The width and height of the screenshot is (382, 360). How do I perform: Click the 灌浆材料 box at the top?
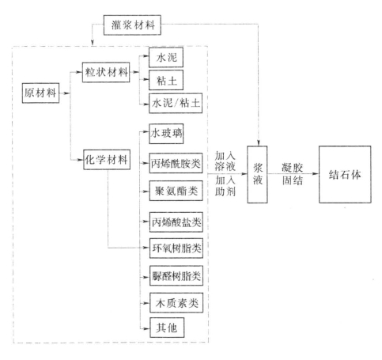(x=132, y=25)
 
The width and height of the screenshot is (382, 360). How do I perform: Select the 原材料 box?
(x=40, y=93)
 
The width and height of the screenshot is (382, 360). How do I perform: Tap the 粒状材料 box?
(x=106, y=72)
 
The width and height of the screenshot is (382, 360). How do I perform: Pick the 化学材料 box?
(x=107, y=160)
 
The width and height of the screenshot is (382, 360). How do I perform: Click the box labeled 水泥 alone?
(x=166, y=58)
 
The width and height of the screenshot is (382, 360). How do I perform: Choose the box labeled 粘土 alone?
(x=166, y=80)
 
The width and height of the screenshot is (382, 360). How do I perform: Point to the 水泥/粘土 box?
(x=176, y=103)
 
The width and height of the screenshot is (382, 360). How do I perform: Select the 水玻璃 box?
(x=166, y=134)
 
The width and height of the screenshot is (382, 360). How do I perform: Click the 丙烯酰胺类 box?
(x=176, y=163)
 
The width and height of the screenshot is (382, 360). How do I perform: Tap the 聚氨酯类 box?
(x=176, y=191)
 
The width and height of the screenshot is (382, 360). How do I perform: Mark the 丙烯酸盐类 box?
(x=176, y=222)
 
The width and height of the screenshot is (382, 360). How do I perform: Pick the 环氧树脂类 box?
(x=176, y=248)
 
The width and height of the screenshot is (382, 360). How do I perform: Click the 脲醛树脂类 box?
(x=176, y=275)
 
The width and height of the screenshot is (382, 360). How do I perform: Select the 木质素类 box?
(x=176, y=303)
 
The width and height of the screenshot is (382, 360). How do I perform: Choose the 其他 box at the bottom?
(x=167, y=328)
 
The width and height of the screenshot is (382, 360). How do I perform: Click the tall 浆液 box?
(x=257, y=174)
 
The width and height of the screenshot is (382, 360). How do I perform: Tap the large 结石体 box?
(x=345, y=174)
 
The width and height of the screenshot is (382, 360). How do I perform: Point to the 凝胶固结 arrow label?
(x=293, y=174)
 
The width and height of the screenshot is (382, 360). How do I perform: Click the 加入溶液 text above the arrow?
(x=225, y=161)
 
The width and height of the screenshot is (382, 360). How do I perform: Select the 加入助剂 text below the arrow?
(x=225, y=186)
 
